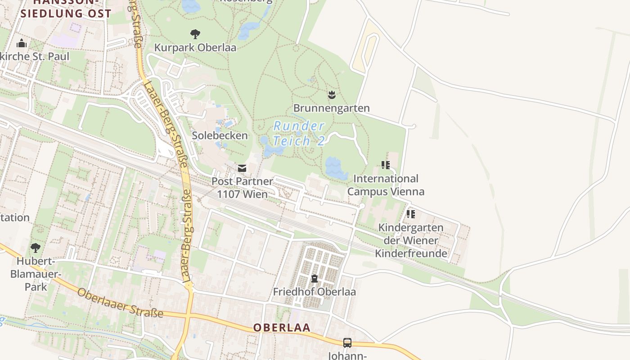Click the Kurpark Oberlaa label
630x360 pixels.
click(195, 47)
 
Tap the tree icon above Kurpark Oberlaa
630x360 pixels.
click(195, 34)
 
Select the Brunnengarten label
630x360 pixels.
click(332, 108)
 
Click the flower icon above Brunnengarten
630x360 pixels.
click(332, 94)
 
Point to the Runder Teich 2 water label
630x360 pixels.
click(299, 133)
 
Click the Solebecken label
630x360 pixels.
click(220, 135)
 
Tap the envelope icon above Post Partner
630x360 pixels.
click(242, 168)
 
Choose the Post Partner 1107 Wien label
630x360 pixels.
click(242, 188)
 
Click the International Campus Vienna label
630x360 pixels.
click(386, 185)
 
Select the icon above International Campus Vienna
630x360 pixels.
click(386, 165)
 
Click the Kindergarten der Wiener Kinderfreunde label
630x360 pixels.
click(411, 240)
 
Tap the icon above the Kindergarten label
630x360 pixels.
click(410, 214)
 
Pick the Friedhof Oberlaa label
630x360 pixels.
click(314, 292)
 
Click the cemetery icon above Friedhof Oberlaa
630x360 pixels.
click(314, 279)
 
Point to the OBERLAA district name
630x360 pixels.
click(282, 328)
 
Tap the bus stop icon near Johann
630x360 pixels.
click(347, 342)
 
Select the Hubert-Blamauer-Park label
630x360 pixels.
click(35, 274)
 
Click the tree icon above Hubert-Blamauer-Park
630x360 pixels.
click(35, 247)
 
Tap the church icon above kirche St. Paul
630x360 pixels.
click(21, 44)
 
